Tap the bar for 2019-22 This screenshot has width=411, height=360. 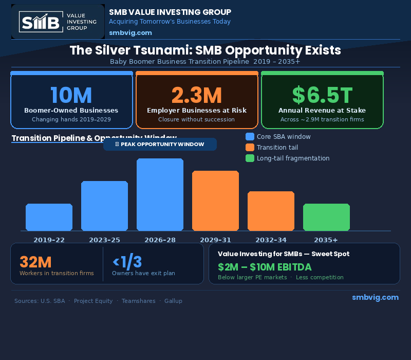pos(49,217)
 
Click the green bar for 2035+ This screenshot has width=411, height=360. pos(326,217)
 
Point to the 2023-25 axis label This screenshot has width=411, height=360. pos(104,240)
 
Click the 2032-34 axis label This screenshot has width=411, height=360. pos(271,240)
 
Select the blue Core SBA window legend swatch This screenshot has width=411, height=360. pos(250,137)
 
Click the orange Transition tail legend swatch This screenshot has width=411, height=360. pos(250,148)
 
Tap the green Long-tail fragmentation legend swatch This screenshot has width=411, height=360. pos(250,158)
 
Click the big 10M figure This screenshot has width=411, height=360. pos(71,96)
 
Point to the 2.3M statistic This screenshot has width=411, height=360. pos(197,96)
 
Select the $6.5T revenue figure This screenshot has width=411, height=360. pos(322,96)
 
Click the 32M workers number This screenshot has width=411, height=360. pos(35,262)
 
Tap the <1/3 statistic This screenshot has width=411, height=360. pos(127,262)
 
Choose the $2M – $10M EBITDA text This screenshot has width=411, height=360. pos(265,267)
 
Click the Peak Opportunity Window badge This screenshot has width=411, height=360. pos(160,144)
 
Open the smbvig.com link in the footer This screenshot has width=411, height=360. pos(375,297)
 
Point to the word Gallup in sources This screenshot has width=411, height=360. pos(173,301)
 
